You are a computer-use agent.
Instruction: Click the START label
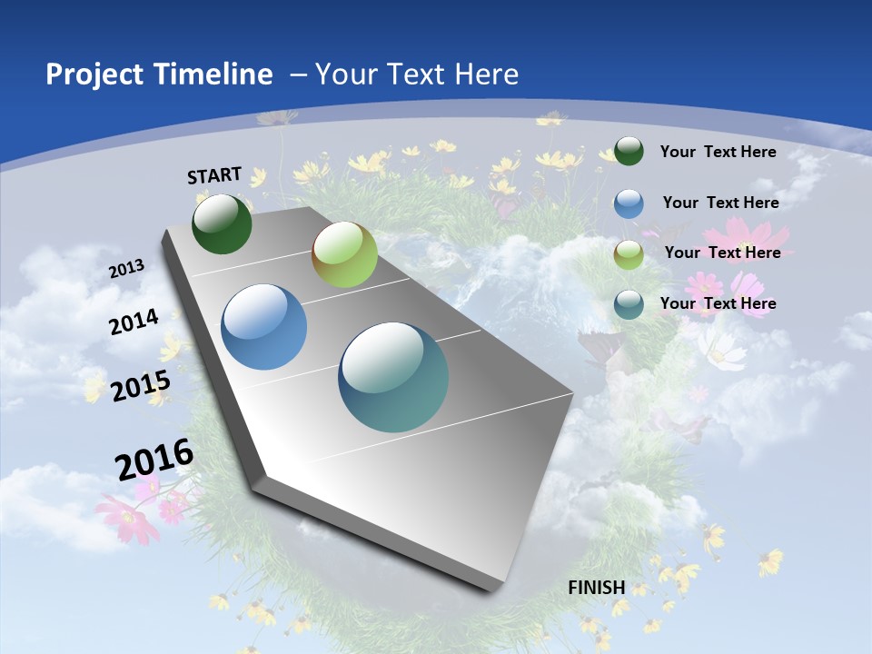[x=214, y=175]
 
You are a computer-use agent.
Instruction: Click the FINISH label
[x=596, y=587]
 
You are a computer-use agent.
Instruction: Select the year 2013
[x=127, y=268]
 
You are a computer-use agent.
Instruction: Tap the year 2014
[x=134, y=322]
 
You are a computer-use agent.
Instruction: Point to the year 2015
[x=141, y=386]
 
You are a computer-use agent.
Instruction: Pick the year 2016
[x=154, y=460]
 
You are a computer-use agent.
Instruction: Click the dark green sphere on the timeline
[x=222, y=224]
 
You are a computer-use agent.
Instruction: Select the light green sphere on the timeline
[x=344, y=255]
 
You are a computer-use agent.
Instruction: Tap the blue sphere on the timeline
[x=263, y=327]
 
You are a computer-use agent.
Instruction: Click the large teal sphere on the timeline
[x=393, y=377]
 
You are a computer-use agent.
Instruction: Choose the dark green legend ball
[x=629, y=152]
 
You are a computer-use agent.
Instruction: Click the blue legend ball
[x=629, y=203]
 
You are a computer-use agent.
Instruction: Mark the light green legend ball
[x=629, y=254]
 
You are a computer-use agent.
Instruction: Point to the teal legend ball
[x=629, y=304]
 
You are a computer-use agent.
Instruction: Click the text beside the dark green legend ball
[x=718, y=152]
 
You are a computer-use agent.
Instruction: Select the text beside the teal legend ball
[x=718, y=303]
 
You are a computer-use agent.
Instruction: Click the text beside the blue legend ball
[x=720, y=203]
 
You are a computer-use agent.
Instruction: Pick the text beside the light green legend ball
[x=722, y=253]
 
